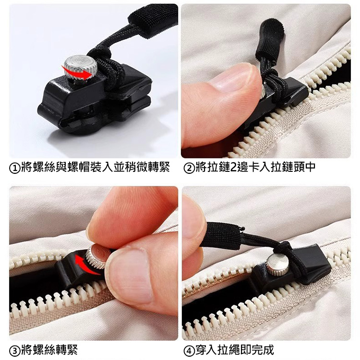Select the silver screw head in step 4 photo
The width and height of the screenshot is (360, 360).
point(277,265)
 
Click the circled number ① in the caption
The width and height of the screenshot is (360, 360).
point(14,168)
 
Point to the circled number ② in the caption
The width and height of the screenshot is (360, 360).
point(189,168)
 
